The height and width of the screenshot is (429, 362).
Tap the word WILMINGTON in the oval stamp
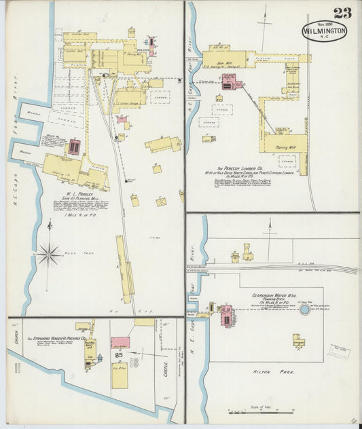(325, 31)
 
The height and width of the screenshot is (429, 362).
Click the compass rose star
(49, 255)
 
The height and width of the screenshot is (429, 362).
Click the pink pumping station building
(225, 315)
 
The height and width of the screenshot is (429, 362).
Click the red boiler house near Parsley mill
(74, 146)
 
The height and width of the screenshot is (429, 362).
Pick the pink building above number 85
(120, 343)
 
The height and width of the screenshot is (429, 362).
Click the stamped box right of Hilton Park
(338, 352)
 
